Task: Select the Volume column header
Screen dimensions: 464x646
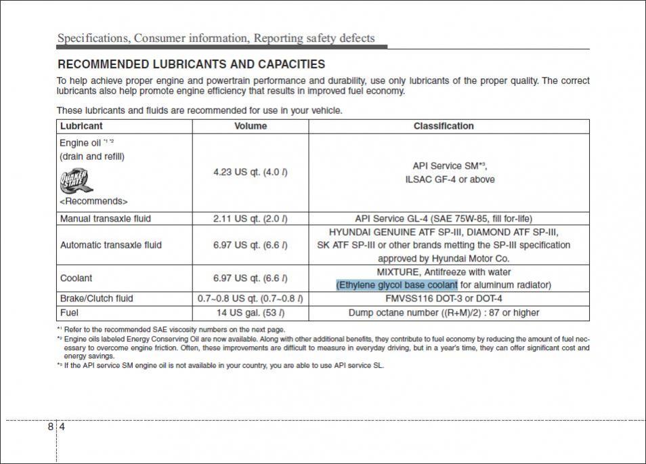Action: coord(250,126)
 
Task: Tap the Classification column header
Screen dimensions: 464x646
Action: coord(444,126)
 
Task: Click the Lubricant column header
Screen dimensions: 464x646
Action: coord(81,126)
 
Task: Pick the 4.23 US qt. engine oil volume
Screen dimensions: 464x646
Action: coord(250,172)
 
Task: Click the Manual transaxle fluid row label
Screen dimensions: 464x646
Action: coord(105,219)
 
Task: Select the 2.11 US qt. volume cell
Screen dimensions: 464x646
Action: coord(250,219)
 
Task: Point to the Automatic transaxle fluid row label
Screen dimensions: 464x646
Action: coord(110,245)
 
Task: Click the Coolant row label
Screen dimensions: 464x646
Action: coord(76,278)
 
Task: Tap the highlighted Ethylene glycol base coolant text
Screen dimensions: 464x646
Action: coord(397,285)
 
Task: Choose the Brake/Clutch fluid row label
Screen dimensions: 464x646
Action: coord(96,299)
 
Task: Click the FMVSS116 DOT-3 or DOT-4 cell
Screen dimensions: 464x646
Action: coord(444,299)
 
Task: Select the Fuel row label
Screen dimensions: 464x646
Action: coord(69,313)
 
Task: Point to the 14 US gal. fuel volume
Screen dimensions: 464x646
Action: coord(250,313)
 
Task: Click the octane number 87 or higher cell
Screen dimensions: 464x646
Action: coord(444,313)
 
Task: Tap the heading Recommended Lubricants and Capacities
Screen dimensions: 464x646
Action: coord(191,65)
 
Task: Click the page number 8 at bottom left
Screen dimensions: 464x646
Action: coord(51,427)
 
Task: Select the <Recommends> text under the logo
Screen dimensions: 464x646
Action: coord(93,201)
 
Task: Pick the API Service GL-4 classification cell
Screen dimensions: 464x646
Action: coord(444,219)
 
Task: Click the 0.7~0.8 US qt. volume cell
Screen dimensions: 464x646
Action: coord(250,299)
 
